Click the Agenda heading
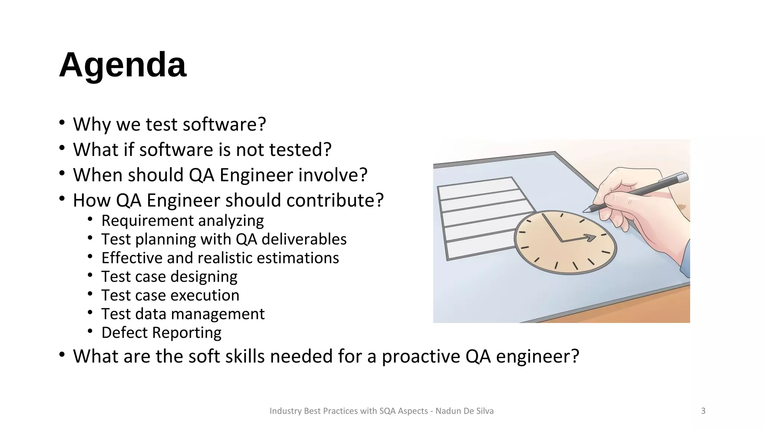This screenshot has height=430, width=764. coord(122,65)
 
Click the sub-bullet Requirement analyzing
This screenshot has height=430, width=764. coord(182,221)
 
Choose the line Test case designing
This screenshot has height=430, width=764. coord(169,277)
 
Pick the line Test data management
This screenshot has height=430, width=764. coord(183,314)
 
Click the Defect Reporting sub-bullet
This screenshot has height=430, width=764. coord(161,333)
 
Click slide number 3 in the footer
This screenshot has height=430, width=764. coord(703,411)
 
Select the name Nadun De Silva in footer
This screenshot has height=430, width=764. coord(464,411)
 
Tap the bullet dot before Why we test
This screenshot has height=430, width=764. coord(62,123)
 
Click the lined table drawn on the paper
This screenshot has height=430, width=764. coord(481,216)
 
